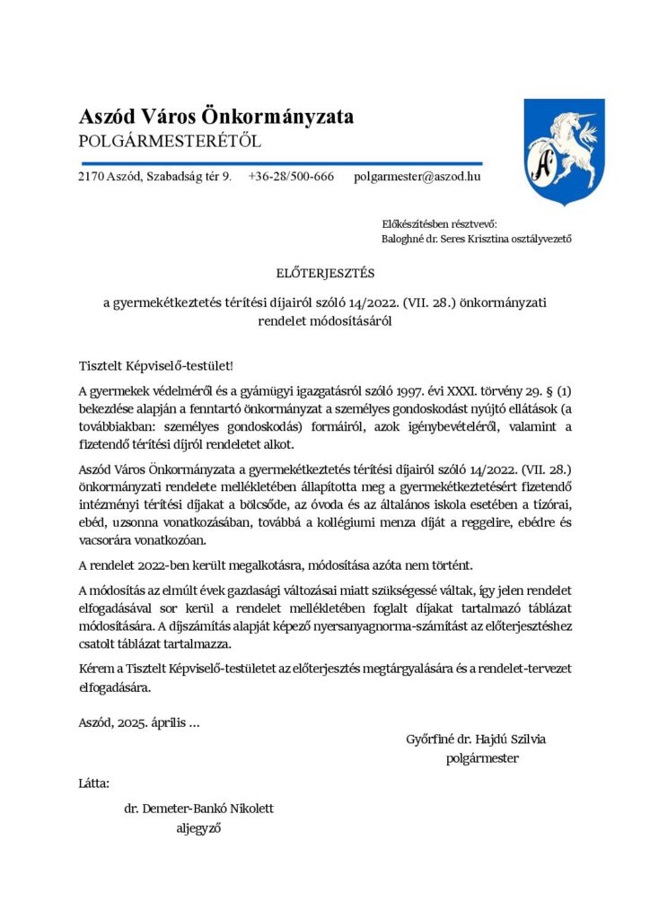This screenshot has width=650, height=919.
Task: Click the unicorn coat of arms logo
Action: [x=564, y=149]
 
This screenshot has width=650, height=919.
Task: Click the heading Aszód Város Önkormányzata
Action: [x=216, y=117]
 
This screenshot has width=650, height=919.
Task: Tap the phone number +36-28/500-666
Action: [x=291, y=177]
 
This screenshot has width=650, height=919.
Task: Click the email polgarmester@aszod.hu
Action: [x=417, y=177]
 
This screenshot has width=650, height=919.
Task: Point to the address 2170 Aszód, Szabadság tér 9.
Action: [x=154, y=177]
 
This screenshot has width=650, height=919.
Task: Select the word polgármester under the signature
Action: [x=482, y=758]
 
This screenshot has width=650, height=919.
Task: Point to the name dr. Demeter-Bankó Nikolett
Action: [x=198, y=809]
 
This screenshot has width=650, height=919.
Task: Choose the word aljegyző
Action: [x=198, y=828]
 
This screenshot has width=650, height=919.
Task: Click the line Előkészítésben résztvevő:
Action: [x=439, y=223]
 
